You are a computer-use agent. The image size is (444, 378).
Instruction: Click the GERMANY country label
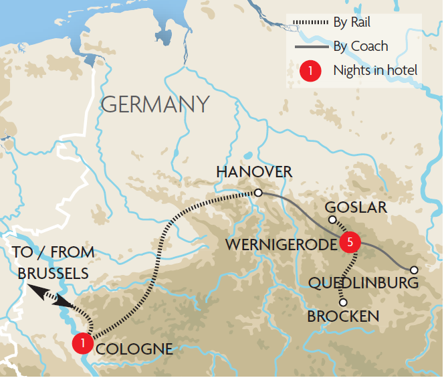154,104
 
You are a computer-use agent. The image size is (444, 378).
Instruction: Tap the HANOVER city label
254,172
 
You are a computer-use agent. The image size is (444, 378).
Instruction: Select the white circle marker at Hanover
257,193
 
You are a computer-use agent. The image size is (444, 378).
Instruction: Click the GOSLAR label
355,207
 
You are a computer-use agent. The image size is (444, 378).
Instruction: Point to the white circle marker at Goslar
331,220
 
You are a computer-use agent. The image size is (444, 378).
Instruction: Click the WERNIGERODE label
280,245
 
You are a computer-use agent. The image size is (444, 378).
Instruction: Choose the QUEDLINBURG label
364,283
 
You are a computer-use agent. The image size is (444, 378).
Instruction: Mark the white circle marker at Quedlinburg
414,270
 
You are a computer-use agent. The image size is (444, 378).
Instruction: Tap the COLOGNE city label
134,349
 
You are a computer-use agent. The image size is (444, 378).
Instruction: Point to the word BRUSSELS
53,274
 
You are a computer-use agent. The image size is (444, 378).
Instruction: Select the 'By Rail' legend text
352,23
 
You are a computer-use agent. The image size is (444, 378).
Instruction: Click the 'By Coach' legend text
360,47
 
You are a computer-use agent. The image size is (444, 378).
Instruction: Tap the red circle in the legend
310,70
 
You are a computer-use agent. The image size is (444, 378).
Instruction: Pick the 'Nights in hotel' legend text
376,70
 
